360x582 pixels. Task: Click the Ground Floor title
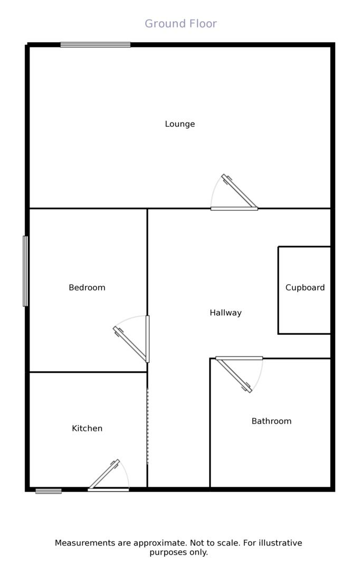[x=181, y=24]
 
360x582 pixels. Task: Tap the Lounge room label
[x=180, y=124]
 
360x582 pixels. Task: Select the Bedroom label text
[x=87, y=288]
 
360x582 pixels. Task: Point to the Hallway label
[x=225, y=313]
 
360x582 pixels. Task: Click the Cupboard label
[x=305, y=288]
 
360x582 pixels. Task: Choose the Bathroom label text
[x=271, y=421]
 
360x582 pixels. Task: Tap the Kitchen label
[x=87, y=429]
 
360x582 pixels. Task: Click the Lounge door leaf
[x=240, y=191]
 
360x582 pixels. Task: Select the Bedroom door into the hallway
[x=130, y=345]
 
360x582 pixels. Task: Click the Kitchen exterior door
[x=104, y=475]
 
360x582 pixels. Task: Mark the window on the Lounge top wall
[x=95, y=45]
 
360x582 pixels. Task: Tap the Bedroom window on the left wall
[x=25, y=271]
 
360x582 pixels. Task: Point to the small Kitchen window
[x=49, y=491]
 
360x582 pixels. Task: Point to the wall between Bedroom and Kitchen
[x=88, y=372]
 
